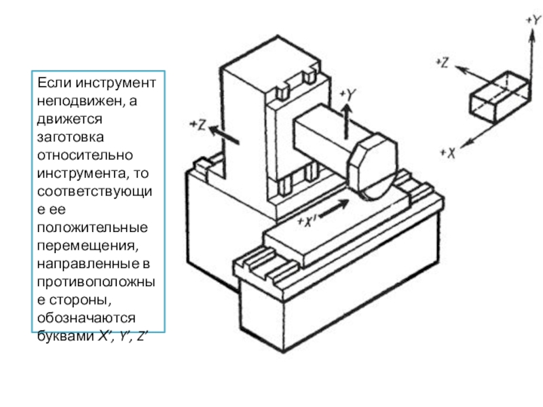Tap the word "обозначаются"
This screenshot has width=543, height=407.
pos(77,319)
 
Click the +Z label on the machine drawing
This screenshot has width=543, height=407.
pos(198,124)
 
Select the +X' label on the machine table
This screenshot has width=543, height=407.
pos(308,220)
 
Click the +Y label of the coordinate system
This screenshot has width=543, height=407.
pos(532,20)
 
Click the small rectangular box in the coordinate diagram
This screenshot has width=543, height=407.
pos(498,96)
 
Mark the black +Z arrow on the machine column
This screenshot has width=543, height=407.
pos(224,134)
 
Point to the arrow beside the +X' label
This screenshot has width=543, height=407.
pos(331,210)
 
